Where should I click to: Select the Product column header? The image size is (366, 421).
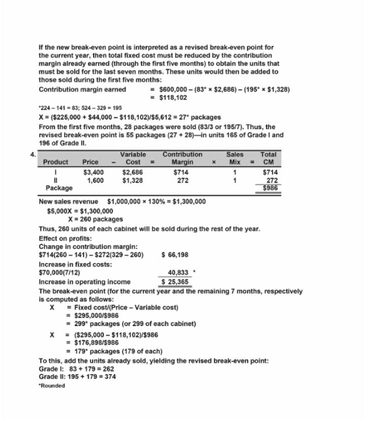click(x=55, y=162)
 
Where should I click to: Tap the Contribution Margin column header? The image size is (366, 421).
click(x=182, y=158)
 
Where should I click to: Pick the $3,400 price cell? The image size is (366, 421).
click(x=93, y=172)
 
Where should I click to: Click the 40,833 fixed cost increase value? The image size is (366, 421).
click(x=178, y=272)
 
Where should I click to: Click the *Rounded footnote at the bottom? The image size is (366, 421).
click(x=52, y=385)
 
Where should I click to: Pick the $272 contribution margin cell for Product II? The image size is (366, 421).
click(x=182, y=180)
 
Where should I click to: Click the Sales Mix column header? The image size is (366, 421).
click(x=235, y=158)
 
